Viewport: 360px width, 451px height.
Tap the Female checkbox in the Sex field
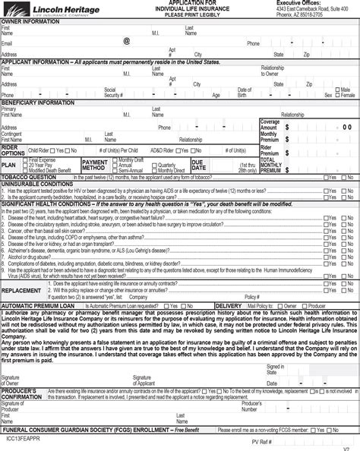click(339, 95)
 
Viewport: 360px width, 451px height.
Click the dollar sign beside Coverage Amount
click(287, 127)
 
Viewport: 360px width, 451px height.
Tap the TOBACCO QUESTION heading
click(30, 177)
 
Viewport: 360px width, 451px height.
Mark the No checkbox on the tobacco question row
click(343, 177)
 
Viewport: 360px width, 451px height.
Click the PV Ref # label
click(261, 441)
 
